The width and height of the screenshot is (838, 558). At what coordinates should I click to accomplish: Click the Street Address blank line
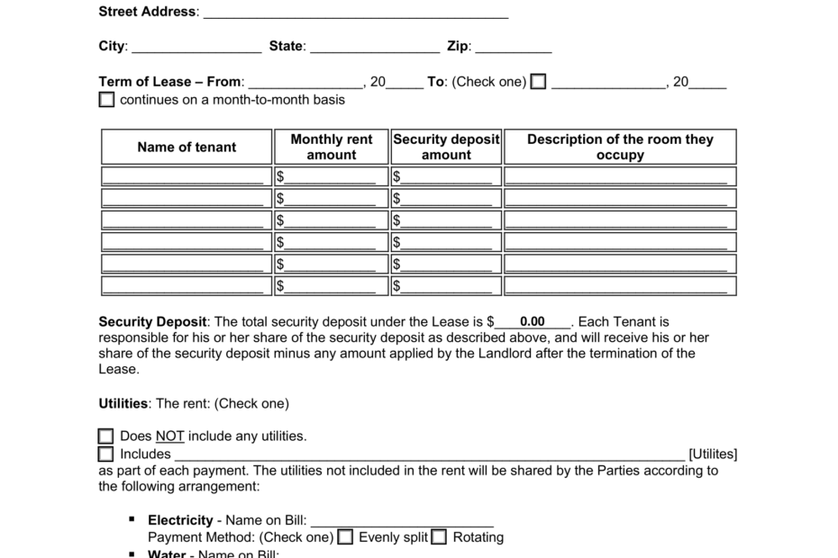pos(356,13)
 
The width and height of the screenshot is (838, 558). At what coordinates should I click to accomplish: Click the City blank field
pos(196,47)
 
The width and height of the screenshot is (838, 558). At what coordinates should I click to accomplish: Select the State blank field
pos(374,47)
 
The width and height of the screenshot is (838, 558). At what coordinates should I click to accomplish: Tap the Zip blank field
pos(513,47)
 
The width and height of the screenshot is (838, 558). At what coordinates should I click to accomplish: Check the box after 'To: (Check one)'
pos(538,82)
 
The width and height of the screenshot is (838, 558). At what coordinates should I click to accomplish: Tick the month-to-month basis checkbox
pos(106,99)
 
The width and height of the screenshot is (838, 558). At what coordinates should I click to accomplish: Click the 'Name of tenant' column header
pos(187,147)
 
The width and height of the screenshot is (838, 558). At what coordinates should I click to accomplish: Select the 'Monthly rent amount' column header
pos(332,147)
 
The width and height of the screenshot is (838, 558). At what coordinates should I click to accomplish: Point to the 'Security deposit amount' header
pos(446,147)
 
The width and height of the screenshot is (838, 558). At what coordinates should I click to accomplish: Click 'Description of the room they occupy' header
pos(620,147)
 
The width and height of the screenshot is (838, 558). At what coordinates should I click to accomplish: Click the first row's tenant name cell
pos(187,176)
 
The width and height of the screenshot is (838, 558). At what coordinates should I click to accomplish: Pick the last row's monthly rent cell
pos(332,286)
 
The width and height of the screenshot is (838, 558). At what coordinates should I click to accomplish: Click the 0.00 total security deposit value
pos(533,321)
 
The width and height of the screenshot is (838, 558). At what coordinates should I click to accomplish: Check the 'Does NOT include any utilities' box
pos(106,436)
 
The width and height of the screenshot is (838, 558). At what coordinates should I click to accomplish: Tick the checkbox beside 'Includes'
pos(106,454)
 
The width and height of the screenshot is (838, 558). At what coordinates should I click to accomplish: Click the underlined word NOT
pos(169,436)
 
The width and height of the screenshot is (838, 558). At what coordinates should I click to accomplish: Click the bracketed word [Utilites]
pos(713,454)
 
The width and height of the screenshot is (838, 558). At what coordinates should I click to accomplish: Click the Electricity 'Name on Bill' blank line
pos(402,520)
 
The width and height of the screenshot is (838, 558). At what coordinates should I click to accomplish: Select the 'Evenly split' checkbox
pos(345,537)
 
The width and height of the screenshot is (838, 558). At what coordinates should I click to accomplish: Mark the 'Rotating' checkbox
pos(439,537)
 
